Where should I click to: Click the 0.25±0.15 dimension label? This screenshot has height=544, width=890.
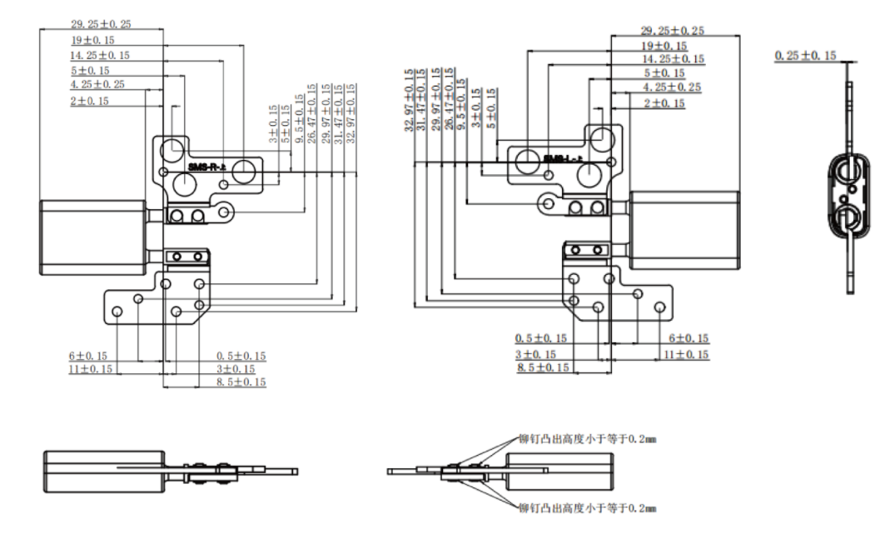tap(805, 55)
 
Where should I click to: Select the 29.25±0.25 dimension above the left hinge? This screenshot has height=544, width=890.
tap(100, 24)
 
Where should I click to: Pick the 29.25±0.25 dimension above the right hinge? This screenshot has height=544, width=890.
tap(673, 30)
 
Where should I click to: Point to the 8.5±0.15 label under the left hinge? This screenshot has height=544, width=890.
tap(241, 382)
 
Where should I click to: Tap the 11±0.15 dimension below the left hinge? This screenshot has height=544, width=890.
tap(90, 368)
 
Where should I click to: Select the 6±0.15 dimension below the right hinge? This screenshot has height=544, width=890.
tap(689, 338)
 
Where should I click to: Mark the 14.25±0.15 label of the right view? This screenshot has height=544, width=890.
tap(673, 59)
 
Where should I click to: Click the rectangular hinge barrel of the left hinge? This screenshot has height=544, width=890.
tap(92, 237)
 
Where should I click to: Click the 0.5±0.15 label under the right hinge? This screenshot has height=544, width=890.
tap(540, 338)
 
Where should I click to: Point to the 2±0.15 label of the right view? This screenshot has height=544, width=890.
tap(664, 102)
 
